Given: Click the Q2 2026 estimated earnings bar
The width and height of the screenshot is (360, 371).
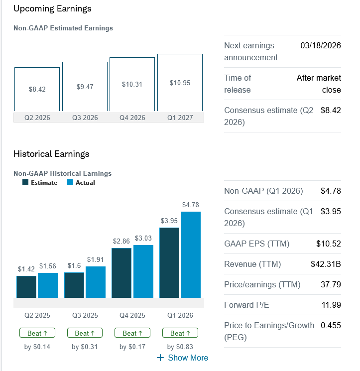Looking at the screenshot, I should click(x=37, y=89).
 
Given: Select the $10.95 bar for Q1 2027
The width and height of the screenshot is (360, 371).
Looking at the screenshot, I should click(x=180, y=83).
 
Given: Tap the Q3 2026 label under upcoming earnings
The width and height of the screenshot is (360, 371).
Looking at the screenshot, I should click(x=85, y=118).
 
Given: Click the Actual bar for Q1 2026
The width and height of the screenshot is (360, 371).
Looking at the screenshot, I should click(x=191, y=254).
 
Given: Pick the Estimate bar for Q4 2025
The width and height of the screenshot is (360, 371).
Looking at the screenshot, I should click(x=122, y=272).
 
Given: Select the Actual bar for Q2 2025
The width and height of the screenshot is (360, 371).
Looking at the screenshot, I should click(x=48, y=285).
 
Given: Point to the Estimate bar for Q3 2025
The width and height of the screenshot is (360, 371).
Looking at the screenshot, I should click(x=74, y=285).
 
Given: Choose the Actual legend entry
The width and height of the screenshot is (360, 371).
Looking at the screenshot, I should click(x=81, y=183).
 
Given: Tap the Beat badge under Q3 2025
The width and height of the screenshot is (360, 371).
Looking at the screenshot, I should click(x=85, y=333).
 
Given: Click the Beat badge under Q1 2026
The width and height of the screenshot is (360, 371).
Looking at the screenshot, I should click(x=180, y=333).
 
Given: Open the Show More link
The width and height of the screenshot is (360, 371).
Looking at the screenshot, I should click(x=183, y=358).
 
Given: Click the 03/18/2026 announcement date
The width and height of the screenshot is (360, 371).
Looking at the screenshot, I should click(x=321, y=46).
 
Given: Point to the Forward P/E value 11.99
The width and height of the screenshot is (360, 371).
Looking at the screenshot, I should click(x=331, y=305).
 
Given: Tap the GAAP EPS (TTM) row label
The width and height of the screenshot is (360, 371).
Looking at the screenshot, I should click(x=256, y=244).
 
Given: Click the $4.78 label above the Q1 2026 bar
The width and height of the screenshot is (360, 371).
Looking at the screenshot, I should click(x=191, y=205).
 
